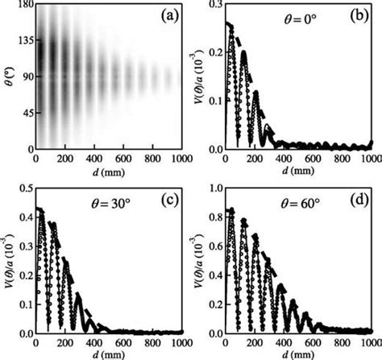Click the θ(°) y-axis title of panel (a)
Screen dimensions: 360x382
(x=7, y=77)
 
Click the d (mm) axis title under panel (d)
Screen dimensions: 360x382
(x=293, y=353)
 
